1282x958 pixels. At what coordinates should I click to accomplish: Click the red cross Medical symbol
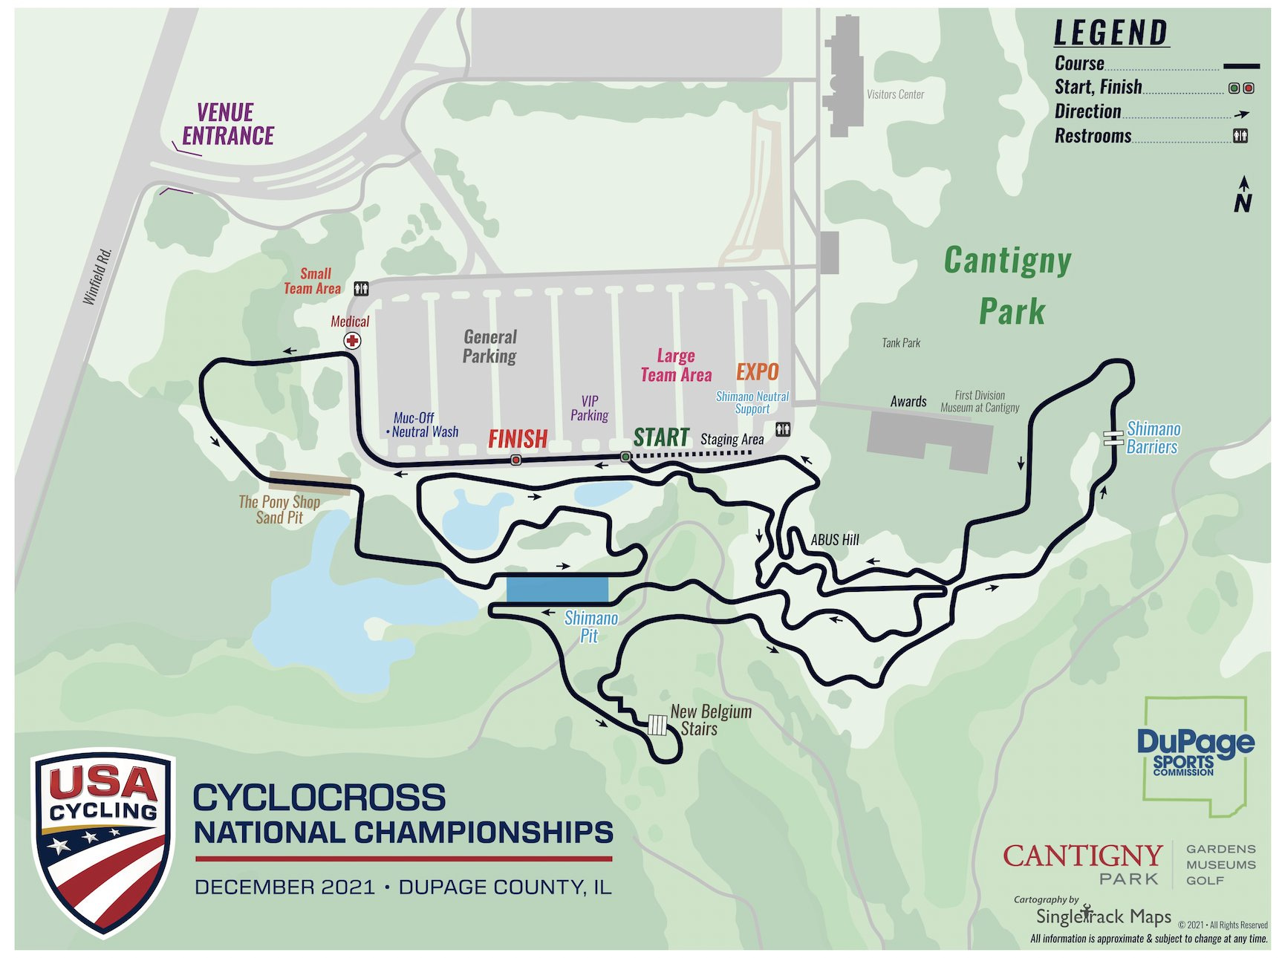tap(352, 341)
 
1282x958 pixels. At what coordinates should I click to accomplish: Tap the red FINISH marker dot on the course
tap(516, 460)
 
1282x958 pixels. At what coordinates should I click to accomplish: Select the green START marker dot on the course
tap(625, 457)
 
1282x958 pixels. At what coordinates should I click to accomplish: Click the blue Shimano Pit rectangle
tap(557, 590)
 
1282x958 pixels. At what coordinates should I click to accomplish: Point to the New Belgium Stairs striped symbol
tap(657, 725)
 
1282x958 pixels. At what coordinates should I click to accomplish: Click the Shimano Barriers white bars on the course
tap(1113, 438)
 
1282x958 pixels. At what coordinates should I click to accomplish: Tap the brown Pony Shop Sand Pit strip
tap(310, 483)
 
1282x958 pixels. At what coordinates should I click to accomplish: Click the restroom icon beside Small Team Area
tap(361, 288)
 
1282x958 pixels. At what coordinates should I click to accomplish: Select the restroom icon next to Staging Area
tap(782, 429)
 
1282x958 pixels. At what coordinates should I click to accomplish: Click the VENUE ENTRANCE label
tap(228, 125)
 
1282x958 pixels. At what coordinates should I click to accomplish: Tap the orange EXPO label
tap(757, 372)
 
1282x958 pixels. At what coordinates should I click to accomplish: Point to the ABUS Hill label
tap(834, 540)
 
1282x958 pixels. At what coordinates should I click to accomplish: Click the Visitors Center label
tap(895, 94)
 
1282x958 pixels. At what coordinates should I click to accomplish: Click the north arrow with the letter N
tap(1243, 195)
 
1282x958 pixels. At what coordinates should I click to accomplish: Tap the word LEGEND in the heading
tap(1111, 33)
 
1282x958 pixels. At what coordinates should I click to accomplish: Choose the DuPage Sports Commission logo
tap(1194, 754)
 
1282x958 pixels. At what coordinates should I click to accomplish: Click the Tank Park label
tap(900, 342)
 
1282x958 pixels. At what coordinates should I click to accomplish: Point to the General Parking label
tap(489, 346)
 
